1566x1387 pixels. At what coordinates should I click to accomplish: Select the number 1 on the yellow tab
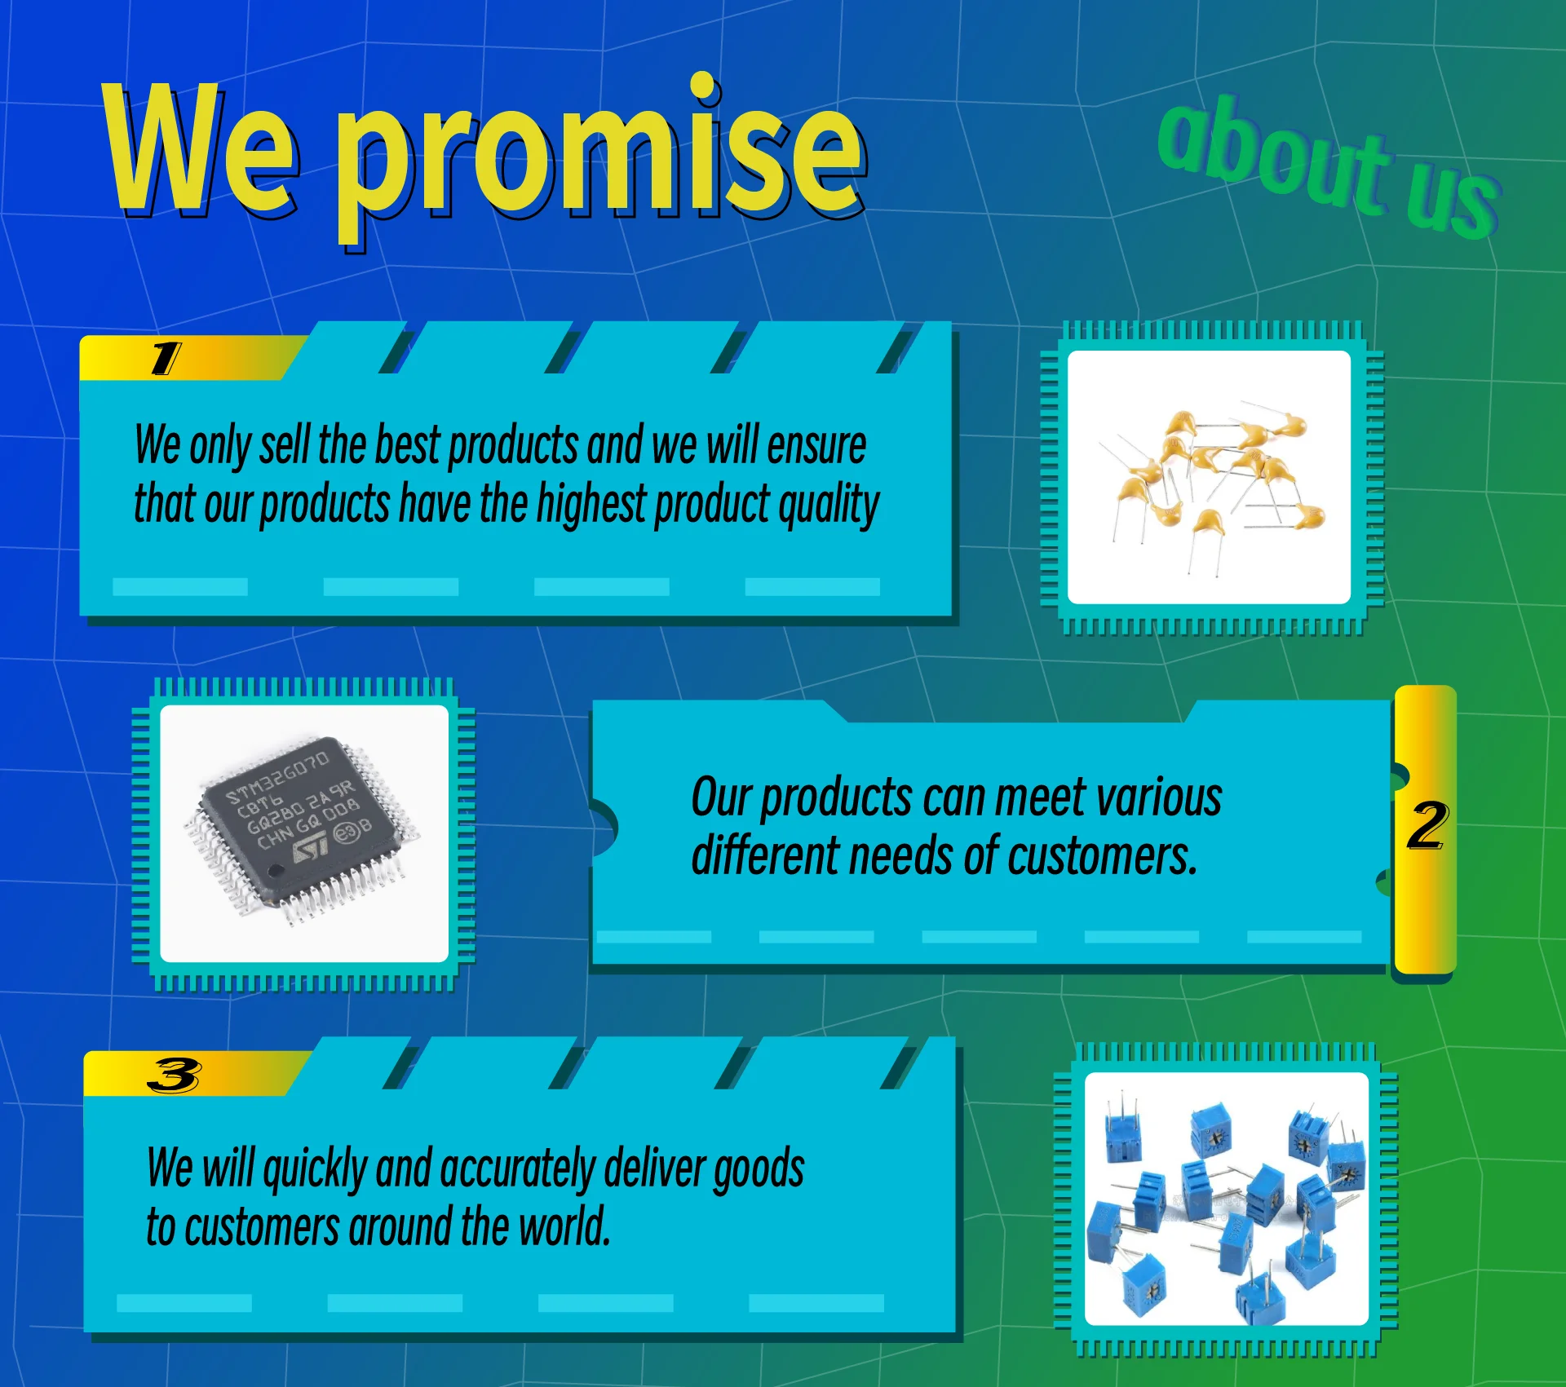click(x=166, y=359)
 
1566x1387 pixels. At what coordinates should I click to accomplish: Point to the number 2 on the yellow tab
click(x=1427, y=825)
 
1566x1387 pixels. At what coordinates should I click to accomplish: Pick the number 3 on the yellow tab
click(x=174, y=1076)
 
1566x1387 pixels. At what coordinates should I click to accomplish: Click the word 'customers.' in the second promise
click(x=1103, y=856)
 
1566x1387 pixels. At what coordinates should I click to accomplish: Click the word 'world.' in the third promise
click(x=564, y=1226)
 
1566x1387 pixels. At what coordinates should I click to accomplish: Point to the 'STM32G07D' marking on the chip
click(x=277, y=780)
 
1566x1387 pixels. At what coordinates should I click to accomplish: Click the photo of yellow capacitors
click(x=1209, y=477)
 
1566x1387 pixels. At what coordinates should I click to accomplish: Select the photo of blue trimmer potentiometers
click(x=1226, y=1199)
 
